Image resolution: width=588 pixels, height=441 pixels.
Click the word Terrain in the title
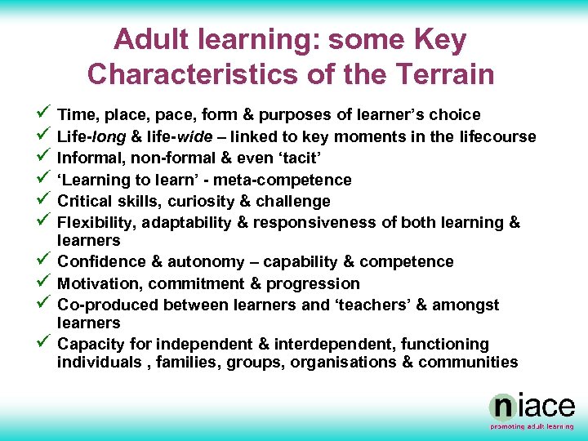pyautogui.click(x=442, y=74)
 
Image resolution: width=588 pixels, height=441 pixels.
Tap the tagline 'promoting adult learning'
pyautogui.click(x=532, y=426)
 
